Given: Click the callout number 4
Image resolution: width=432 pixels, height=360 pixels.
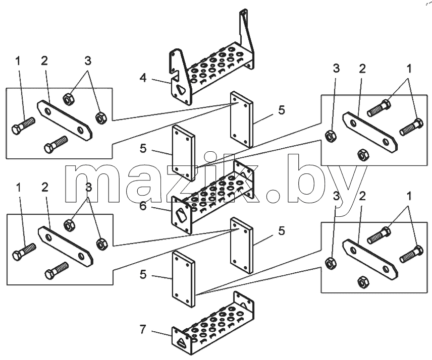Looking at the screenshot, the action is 143,78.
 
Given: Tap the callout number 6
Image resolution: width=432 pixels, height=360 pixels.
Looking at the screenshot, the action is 143,206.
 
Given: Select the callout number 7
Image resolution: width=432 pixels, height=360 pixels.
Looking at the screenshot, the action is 142,329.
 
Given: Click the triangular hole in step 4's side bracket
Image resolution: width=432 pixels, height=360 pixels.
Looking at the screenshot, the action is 181,90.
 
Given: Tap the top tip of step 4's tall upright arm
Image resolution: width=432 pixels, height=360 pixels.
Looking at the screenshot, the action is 243,11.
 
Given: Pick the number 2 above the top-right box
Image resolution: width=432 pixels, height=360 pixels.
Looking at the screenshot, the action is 362,69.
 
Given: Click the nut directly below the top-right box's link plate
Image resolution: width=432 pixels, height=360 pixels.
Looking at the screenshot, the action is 363,155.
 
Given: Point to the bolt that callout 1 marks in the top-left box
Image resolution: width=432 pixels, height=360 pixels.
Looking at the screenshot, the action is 23,125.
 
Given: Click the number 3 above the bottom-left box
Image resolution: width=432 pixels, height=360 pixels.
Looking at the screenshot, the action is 88,188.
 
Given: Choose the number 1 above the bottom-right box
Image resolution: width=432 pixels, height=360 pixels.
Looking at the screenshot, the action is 409,196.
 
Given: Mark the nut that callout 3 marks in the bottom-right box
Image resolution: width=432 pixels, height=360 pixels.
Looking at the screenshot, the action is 331,263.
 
